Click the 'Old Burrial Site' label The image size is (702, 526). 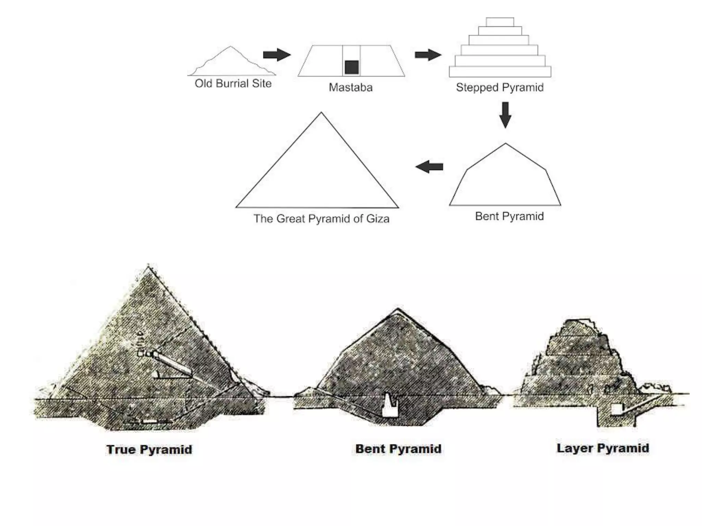pos(233,84)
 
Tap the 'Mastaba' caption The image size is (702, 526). pos(350,88)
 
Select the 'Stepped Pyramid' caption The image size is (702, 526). pos(499,88)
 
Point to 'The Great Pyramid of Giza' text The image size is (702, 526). pos(321,219)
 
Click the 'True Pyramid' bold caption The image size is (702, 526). pos(149,450)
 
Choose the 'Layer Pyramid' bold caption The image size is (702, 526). pos(603,448)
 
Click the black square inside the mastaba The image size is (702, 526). pos(352,67)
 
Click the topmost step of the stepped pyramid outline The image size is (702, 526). pos(500,22)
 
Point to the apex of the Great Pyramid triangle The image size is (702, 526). pos(321,113)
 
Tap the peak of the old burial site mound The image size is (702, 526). pos(231,47)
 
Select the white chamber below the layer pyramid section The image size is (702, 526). pos(616,409)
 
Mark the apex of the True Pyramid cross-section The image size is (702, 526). pos(148,266)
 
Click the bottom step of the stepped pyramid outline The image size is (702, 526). pos(500,72)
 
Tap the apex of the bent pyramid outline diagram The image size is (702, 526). pos(505,144)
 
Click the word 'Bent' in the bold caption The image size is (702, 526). pos(370,449)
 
